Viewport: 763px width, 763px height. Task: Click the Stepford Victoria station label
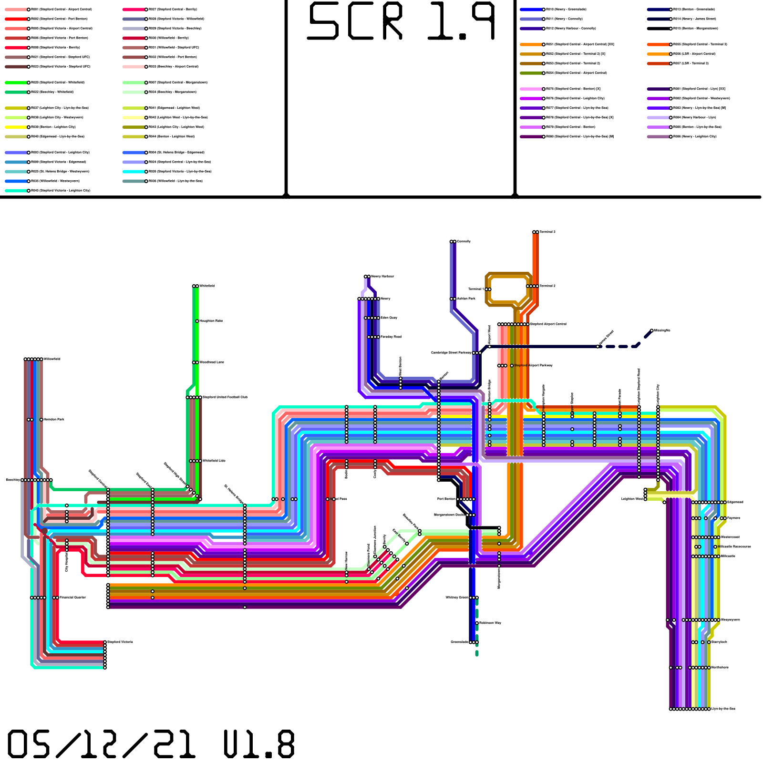coord(120,642)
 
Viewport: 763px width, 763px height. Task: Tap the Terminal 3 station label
coord(547,232)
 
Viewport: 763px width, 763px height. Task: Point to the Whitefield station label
coord(207,286)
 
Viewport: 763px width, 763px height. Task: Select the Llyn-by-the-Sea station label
coord(723,709)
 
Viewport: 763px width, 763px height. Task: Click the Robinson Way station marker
coord(477,623)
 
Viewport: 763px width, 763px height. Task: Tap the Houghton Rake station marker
coord(197,321)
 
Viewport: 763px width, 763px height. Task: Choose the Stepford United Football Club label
coord(225,397)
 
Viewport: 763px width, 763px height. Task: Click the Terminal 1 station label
coord(475,289)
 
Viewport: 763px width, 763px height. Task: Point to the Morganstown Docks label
coord(449,515)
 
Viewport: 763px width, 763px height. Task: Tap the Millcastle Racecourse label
coord(734,546)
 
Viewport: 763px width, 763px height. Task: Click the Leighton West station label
coord(632,499)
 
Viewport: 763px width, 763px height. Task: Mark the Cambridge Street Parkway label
coord(451,353)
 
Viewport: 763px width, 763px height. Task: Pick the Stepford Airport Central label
coord(548,324)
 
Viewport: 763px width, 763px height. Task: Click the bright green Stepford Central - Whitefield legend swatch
coord(16,82)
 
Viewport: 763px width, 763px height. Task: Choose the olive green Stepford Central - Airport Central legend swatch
coord(531,73)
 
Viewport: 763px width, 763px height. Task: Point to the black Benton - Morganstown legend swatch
coord(658,29)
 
